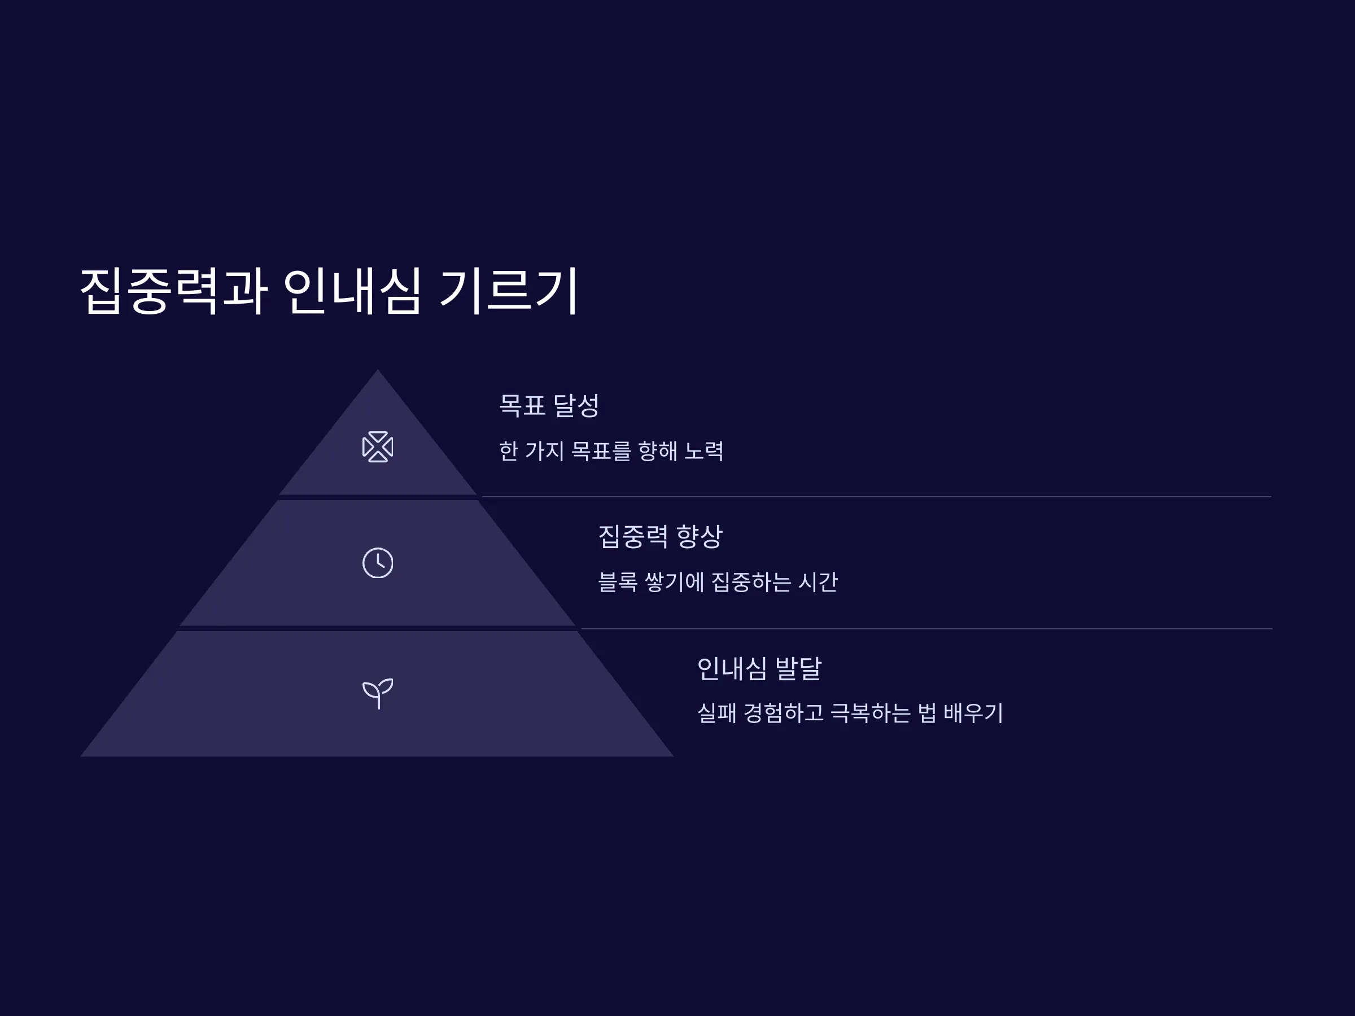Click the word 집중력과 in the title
tap(174, 291)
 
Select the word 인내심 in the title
tap(352, 291)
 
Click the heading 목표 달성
tap(549, 405)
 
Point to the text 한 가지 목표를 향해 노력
tap(611, 452)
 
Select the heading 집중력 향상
tap(661, 536)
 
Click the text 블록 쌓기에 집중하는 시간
tap(718, 582)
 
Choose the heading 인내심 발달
tap(759, 668)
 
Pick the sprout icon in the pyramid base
tap(378, 693)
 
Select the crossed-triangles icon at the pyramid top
tap(378, 447)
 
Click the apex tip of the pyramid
tap(377, 369)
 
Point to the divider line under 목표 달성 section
tap(877, 497)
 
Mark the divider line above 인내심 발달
tap(926, 628)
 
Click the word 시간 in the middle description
tap(818, 582)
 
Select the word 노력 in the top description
tap(704, 452)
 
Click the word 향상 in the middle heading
tap(699, 536)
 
